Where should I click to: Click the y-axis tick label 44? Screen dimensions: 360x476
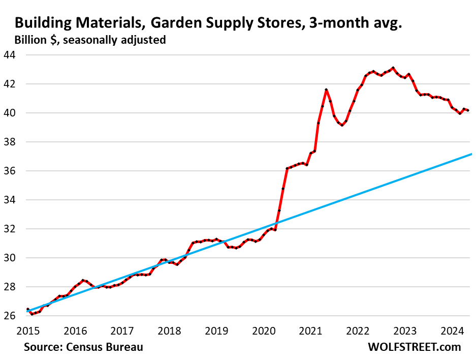[x=10, y=55]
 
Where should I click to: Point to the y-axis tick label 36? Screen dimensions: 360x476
[x=10, y=171]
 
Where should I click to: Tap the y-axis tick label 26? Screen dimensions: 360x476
[x=10, y=316]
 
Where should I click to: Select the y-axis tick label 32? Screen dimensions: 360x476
[x=10, y=229]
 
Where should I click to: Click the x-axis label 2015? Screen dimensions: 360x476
[x=27, y=331]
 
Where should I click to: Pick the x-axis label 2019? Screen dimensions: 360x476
[x=216, y=331]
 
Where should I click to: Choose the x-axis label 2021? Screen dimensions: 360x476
[x=311, y=331]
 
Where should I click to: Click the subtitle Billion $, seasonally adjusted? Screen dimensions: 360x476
[x=90, y=40]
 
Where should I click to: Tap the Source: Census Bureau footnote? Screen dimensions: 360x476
[x=83, y=347]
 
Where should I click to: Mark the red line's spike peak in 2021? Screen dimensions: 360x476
[x=326, y=89]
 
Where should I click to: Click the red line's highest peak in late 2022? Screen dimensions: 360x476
[x=393, y=68]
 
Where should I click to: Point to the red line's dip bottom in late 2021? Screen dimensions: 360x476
[x=342, y=125]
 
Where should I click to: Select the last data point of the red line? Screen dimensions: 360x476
[x=468, y=110]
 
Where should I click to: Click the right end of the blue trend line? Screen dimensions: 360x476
[x=472, y=154]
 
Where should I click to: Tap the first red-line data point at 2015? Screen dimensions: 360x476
[x=27, y=309]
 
